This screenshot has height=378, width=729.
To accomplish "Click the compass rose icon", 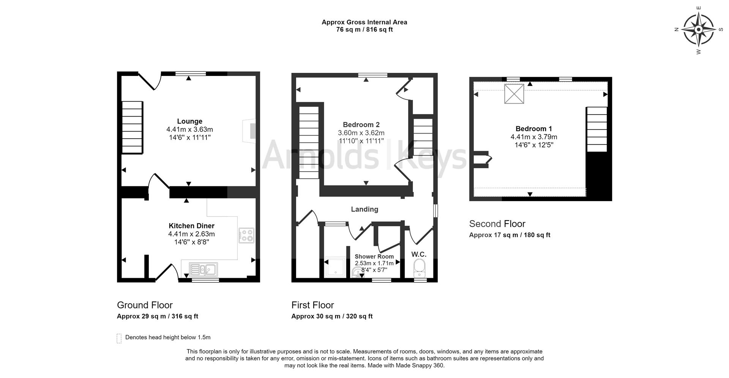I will [698, 30].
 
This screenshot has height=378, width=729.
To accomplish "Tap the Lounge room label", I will [189, 121].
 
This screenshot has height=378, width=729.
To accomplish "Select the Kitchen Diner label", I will [191, 226].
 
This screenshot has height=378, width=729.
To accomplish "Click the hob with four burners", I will [246, 235].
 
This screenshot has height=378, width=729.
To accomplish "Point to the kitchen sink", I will [204, 269].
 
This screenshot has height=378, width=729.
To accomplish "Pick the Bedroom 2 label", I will [361, 124].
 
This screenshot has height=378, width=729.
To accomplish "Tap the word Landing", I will [364, 209].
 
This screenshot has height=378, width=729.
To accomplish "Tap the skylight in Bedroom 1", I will [514, 94].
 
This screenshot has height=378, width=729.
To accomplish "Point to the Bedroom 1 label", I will [533, 129].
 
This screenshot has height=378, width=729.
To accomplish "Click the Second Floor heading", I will [497, 224].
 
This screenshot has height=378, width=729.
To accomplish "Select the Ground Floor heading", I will [145, 305].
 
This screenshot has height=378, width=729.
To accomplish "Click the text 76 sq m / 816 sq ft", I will [364, 30].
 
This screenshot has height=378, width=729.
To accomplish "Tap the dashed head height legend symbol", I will [119, 338].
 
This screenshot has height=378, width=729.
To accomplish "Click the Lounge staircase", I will [132, 127].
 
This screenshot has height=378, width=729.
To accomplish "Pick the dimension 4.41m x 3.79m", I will [533, 137].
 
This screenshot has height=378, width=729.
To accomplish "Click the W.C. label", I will [419, 254].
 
